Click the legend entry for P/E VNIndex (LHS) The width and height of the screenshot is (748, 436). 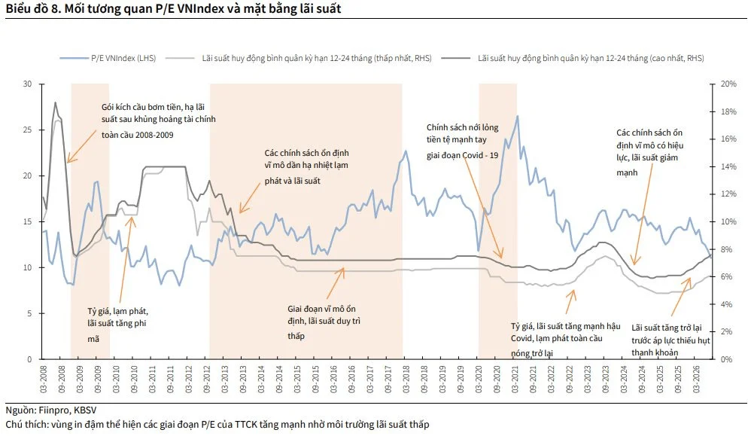(x=108, y=58)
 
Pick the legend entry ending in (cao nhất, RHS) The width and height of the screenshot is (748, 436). (x=573, y=58)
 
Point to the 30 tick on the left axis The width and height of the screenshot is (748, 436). (x=28, y=84)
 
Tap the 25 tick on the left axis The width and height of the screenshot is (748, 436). (x=28, y=130)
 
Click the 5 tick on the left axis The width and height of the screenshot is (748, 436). (x=29, y=314)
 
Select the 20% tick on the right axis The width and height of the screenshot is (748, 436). (x=728, y=84)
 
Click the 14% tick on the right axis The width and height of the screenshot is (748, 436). (x=728, y=166)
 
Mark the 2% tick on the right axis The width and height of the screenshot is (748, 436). (x=726, y=332)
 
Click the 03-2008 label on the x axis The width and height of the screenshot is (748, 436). (x=44, y=380)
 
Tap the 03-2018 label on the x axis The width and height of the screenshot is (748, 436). (x=406, y=380)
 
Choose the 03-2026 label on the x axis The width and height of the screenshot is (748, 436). (x=696, y=380)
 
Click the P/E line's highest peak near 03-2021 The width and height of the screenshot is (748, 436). (x=517, y=116)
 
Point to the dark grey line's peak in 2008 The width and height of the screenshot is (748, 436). (x=56, y=102)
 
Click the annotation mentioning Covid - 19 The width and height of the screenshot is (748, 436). (x=463, y=142)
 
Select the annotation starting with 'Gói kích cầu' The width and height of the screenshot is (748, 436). (x=158, y=120)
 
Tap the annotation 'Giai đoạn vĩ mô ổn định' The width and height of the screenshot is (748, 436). (x=324, y=322)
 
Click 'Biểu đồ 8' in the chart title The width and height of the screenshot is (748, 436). (x=32, y=8)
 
